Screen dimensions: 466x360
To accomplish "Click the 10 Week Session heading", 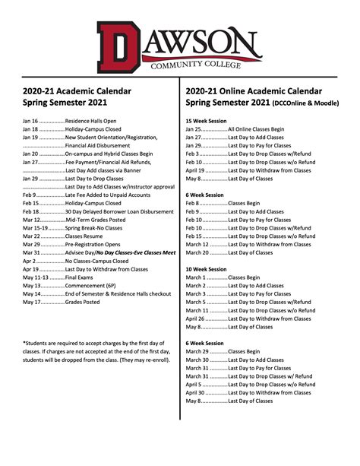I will click(x=205, y=269).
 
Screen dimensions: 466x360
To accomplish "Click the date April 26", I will click(x=195, y=319).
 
